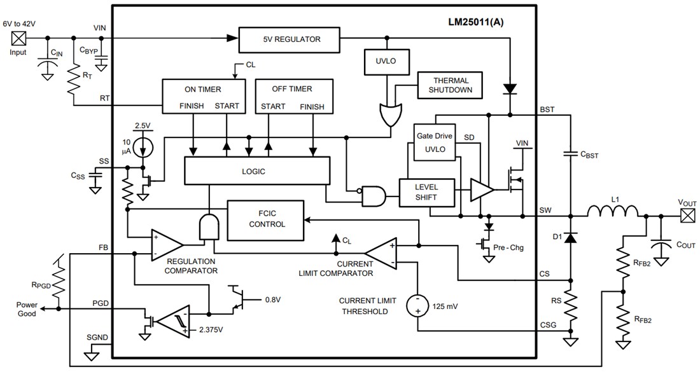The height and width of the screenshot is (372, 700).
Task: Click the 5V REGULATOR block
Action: (x=290, y=39)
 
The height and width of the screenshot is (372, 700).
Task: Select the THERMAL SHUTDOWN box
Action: (x=451, y=85)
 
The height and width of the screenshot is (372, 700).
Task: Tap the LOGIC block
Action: (x=256, y=171)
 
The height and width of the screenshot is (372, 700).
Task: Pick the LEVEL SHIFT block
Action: (x=426, y=193)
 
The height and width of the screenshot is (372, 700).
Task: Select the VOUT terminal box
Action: (x=687, y=216)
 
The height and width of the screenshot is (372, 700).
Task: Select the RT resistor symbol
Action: (x=73, y=79)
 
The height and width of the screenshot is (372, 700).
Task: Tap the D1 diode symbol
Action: (x=571, y=237)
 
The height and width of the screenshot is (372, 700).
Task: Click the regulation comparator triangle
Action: (x=165, y=244)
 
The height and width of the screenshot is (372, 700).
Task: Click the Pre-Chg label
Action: (x=507, y=242)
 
